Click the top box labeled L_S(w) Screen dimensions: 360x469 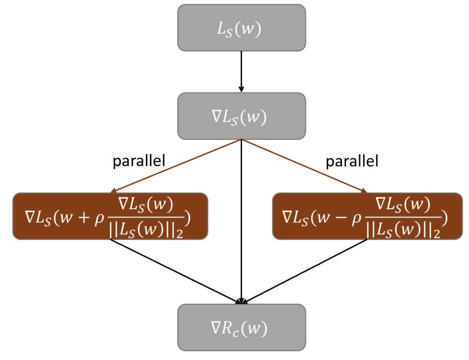pos(241,28)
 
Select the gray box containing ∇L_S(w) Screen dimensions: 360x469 pos(241,116)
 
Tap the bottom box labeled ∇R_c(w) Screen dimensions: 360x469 pos(241,327)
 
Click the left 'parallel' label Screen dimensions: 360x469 pos(139,162)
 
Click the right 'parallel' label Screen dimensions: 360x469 pos(352,162)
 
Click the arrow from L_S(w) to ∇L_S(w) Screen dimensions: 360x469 pos(241,72)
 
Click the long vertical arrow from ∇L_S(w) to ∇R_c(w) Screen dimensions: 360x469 pos(241,220)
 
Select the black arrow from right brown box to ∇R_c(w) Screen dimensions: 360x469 pos(307,271)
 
